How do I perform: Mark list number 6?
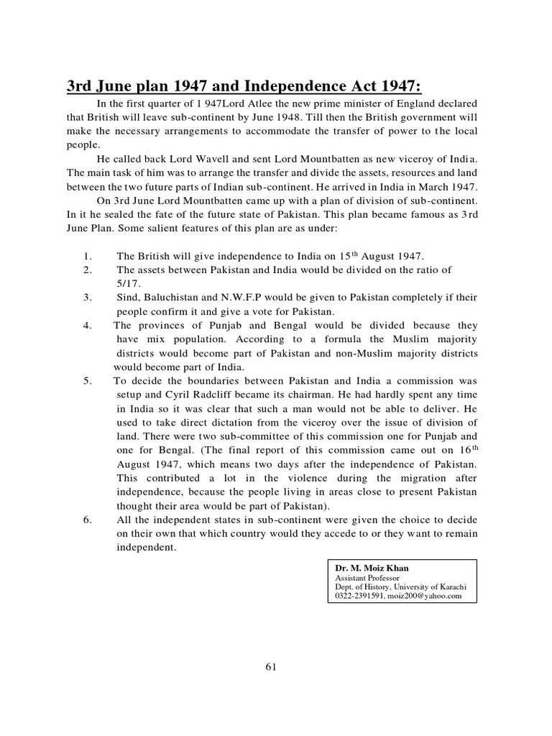click(86, 520)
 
